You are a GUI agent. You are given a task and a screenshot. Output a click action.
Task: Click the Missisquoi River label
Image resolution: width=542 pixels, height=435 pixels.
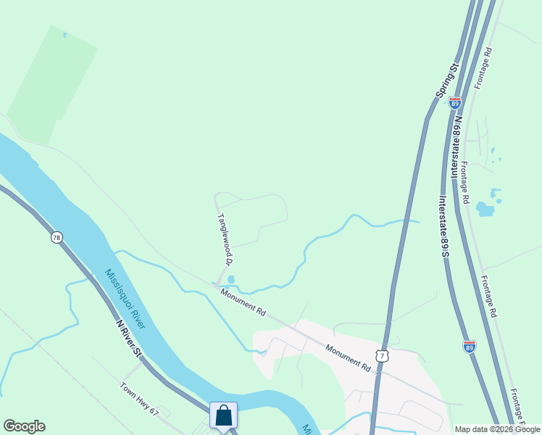(125, 299)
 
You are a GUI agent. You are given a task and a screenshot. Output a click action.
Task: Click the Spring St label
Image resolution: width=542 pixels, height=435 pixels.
(448, 81)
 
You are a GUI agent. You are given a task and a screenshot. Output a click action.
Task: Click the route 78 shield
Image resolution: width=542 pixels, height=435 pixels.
(57, 237)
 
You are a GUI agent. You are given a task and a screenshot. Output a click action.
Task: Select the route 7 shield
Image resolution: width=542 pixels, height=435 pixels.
(383, 356)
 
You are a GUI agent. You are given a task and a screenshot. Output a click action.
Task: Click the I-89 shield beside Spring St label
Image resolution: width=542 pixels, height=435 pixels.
(454, 103)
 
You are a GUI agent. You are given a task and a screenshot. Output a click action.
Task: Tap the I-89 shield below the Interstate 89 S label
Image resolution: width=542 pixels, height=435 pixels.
(470, 347)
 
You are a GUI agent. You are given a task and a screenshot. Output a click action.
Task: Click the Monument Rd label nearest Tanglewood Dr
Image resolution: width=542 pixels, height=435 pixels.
(243, 302)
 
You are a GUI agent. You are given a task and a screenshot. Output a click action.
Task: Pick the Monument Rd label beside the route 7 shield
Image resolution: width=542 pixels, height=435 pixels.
(348, 358)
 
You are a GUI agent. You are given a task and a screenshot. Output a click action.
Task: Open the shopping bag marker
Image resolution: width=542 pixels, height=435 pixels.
(224, 416)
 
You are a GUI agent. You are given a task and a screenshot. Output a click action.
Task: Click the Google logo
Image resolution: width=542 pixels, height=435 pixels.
(24, 426)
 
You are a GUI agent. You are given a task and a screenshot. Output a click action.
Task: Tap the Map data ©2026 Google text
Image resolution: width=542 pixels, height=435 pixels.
(496, 429)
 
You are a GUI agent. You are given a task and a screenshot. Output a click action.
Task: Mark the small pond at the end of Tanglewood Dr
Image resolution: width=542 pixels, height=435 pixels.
(231, 279)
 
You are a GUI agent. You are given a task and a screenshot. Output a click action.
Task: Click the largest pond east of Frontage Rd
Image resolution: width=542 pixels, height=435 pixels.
(485, 210)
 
